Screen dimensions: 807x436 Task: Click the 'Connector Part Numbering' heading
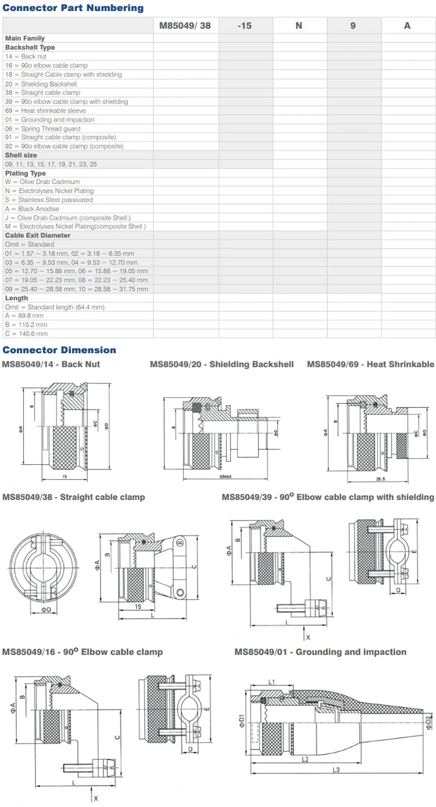pyautogui.click(x=73, y=8)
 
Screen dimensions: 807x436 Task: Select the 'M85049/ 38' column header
pyautogui.click(x=185, y=26)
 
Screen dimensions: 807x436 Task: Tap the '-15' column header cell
pyautogui.click(x=245, y=26)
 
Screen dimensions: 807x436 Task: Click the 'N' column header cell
pyautogui.click(x=299, y=26)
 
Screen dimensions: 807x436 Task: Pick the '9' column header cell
pyautogui.click(x=353, y=26)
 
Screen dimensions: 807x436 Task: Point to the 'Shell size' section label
pyautogui.click(x=21, y=155)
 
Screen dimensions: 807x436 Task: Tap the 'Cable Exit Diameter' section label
pyautogui.click(x=38, y=235)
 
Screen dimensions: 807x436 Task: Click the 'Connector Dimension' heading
pyautogui.click(x=59, y=350)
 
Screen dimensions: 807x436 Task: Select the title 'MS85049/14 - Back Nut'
pyautogui.click(x=51, y=364)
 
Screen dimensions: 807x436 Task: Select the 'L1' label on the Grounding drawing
pyautogui.click(x=271, y=682)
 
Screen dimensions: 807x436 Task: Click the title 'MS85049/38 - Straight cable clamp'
pyautogui.click(x=74, y=497)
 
